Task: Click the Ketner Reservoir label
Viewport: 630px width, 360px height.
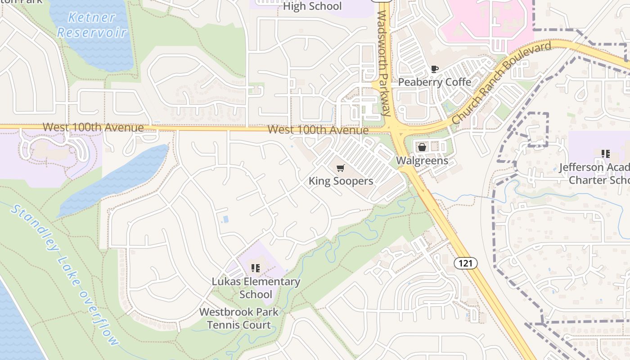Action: (92, 25)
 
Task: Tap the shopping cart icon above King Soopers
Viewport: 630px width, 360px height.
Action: (341, 168)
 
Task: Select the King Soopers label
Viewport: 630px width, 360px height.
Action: (341, 181)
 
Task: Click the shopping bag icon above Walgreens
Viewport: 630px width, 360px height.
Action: (422, 147)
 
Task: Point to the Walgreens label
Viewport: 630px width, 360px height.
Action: (422, 161)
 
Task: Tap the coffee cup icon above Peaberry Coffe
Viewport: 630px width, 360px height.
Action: (434, 69)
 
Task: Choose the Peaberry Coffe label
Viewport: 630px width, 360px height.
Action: (435, 82)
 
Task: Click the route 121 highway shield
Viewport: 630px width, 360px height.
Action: (465, 263)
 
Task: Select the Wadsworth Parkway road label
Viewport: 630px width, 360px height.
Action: (383, 63)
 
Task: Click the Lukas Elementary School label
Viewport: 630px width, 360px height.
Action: (256, 288)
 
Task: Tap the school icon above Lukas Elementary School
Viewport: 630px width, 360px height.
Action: (256, 269)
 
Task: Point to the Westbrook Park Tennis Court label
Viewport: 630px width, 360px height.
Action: (239, 318)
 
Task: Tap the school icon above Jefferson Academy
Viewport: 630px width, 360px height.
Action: (605, 154)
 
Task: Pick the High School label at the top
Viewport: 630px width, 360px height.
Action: (312, 6)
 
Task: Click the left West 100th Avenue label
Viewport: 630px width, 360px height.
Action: (93, 127)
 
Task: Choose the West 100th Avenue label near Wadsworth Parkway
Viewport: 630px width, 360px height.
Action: (318, 130)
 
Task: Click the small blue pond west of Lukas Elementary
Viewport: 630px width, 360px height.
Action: (225, 219)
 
